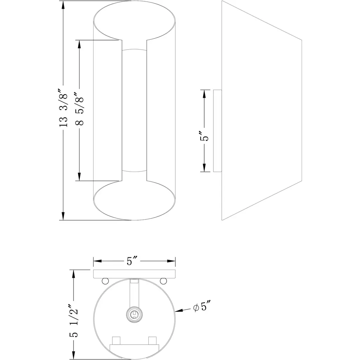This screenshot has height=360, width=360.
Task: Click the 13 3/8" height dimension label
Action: coord(63,108)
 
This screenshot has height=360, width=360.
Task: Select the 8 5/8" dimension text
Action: coord(79,109)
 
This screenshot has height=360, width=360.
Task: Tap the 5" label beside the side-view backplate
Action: coord(204,136)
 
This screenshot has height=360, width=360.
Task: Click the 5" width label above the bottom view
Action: coord(132,261)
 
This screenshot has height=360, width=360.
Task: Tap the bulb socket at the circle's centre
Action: coord(134,314)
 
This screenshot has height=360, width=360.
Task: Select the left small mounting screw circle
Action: coord(105,281)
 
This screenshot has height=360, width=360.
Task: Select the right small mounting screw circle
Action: coord(163,281)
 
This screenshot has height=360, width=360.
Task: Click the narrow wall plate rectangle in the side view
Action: coord(217,131)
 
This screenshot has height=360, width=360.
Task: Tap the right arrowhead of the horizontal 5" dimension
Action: coord(171,261)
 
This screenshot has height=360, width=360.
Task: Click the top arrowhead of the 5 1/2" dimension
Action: coord(73,274)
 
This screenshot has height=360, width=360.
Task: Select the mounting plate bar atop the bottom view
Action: coord(134,274)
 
